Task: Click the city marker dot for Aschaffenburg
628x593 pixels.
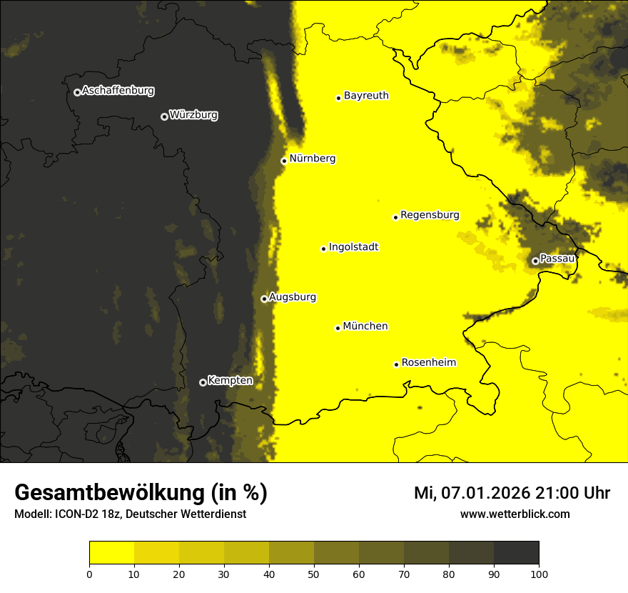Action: (77, 92)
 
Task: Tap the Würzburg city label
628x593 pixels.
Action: (193, 115)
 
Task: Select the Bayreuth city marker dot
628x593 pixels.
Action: (338, 98)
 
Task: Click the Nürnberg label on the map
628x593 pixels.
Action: (312, 159)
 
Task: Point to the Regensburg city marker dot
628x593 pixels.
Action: (395, 217)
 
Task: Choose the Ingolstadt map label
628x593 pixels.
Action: (353, 247)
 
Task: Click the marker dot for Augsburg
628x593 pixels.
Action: (264, 299)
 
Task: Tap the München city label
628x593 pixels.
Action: (365, 327)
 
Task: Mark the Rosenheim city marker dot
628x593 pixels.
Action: (396, 364)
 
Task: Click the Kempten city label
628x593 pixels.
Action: (230, 380)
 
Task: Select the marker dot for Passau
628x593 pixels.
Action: (535, 261)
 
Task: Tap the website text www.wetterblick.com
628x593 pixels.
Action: (515, 514)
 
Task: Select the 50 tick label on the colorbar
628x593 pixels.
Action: (314, 574)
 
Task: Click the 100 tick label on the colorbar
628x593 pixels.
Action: (539, 574)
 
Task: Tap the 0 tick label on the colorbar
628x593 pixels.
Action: (89, 574)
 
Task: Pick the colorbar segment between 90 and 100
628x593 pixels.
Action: (516, 553)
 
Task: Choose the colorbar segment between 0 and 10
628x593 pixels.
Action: (111, 553)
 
